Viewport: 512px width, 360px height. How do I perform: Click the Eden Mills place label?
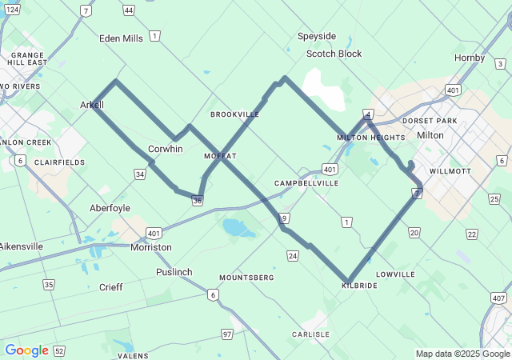(x=121, y=38)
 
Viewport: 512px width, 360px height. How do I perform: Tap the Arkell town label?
(x=92, y=105)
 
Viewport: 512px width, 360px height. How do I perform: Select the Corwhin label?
(x=166, y=149)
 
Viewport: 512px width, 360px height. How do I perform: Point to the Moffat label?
(x=220, y=155)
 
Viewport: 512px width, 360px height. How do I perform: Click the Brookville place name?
(x=235, y=114)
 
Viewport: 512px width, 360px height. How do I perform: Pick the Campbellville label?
(x=306, y=183)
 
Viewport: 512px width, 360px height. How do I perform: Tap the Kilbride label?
(x=359, y=285)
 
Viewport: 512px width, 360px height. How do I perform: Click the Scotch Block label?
(x=334, y=54)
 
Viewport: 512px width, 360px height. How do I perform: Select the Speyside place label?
(x=317, y=36)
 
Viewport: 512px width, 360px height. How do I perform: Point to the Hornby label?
(x=470, y=58)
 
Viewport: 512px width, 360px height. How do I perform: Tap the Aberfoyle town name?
(x=110, y=207)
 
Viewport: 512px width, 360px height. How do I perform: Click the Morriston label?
(x=151, y=247)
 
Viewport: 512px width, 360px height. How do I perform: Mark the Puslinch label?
(x=174, y=272)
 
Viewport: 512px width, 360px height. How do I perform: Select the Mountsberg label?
(x=246, y=278)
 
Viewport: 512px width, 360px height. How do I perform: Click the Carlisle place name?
(x=310, y=334)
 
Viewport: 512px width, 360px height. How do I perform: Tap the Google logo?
(x=26, y=350)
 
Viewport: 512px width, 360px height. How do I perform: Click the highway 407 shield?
(x=499, y=298)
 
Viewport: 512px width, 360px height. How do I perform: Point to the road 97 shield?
(x=227, y=334)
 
